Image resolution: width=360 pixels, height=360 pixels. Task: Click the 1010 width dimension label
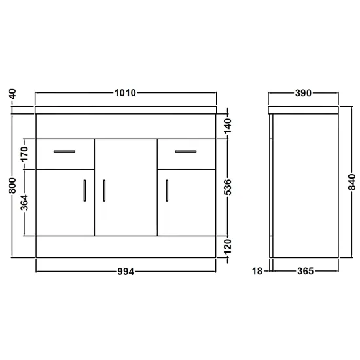pos(125,93)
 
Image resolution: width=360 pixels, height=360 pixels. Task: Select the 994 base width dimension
pos(126,272)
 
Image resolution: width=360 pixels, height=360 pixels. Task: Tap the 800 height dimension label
pos(12,185)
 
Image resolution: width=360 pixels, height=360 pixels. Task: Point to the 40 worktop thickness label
pos(13,94)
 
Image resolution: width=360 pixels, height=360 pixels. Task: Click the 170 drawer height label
pos(24,154)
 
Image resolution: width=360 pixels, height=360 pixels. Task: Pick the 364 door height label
pos(24,202)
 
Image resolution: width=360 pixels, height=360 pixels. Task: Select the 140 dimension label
pos(228,126)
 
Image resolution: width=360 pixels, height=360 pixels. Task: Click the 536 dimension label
pos(228,187)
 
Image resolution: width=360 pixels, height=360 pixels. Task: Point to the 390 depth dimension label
pos(303,93)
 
